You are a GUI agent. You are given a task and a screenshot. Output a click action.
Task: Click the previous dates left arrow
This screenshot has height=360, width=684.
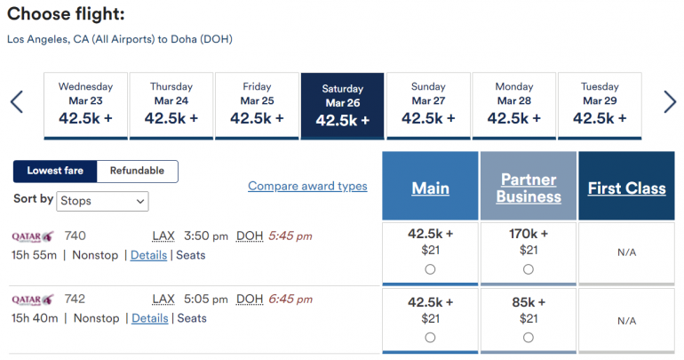[16, 102]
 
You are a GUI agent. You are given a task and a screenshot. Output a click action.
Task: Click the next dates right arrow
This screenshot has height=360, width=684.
[670, 102]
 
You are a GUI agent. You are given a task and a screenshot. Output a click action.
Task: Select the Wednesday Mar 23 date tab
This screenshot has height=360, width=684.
[85, 105]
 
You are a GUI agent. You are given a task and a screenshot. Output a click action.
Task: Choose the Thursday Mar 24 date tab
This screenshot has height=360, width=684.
[171, 105]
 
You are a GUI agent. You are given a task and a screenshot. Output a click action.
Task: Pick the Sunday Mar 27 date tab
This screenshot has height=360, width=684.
[428, 105]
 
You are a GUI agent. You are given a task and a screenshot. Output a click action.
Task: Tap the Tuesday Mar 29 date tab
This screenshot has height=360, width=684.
[600, 105]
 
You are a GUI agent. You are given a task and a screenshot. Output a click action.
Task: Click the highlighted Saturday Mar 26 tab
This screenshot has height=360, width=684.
[342, 106]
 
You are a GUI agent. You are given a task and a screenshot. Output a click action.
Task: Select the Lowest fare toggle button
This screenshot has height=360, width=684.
[55, 171]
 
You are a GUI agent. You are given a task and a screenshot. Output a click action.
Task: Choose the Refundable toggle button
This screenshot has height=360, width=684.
[137, 171]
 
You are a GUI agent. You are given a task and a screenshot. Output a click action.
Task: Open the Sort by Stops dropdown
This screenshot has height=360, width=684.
[103, 201]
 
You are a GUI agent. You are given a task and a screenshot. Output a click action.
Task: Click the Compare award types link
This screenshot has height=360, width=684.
[307, 186]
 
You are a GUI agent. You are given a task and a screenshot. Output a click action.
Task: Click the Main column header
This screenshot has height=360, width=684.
[430, 188]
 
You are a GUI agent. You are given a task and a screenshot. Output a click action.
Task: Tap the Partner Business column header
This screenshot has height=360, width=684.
[529, 188]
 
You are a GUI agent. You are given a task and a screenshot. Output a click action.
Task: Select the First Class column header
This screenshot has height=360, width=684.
[626, 188]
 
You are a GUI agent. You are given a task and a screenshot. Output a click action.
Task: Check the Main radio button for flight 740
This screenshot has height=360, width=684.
[430, 269]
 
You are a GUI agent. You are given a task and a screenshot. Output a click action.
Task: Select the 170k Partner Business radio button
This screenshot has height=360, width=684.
[529, 269]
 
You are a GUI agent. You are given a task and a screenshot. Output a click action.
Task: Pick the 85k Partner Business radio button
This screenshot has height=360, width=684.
[529, 337]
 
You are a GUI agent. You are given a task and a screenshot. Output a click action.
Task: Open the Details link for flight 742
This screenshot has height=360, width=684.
[150, 318]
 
